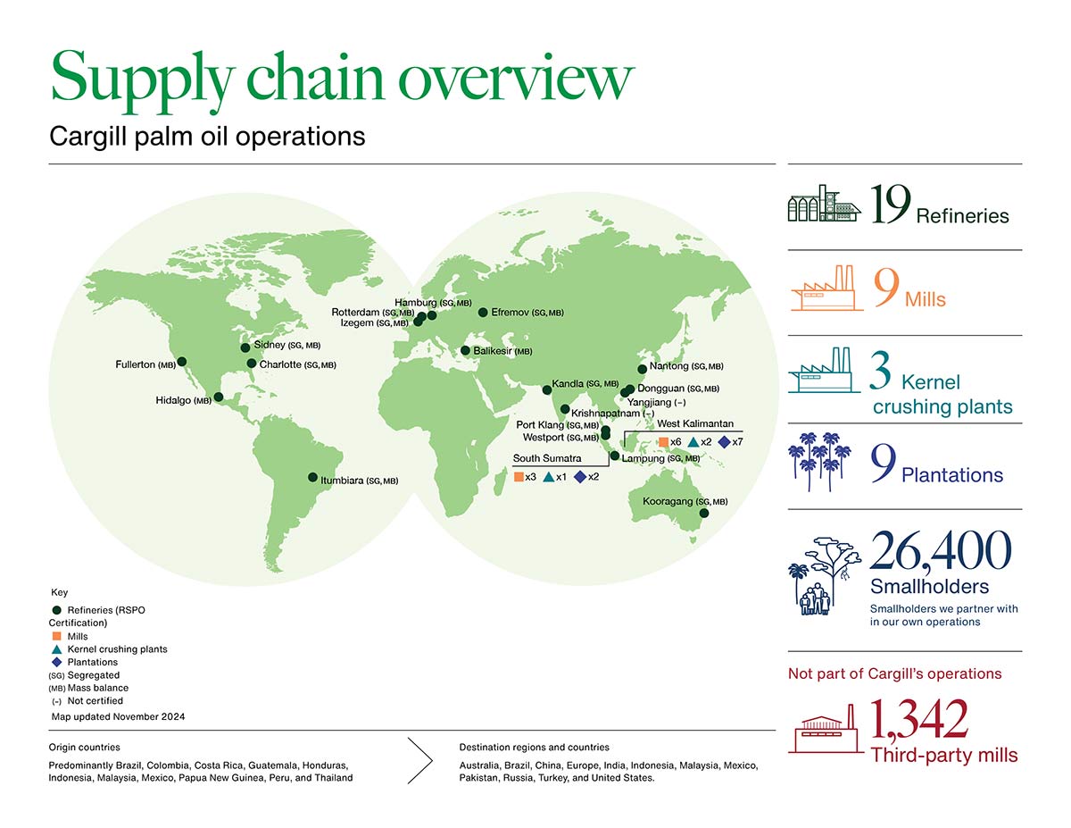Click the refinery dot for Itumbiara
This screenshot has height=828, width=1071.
312,477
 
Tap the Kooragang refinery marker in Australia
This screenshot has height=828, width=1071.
703,514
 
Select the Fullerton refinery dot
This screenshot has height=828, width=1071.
182,362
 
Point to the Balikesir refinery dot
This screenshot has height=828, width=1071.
465,351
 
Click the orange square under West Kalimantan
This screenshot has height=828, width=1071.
663,442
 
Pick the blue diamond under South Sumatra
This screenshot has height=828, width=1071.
579,477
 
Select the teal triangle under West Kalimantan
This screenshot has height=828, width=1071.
693,442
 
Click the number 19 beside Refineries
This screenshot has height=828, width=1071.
891,205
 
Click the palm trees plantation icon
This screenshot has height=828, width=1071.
818,462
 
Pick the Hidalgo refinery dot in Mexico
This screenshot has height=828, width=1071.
219,397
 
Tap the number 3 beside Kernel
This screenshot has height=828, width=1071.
880,375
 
